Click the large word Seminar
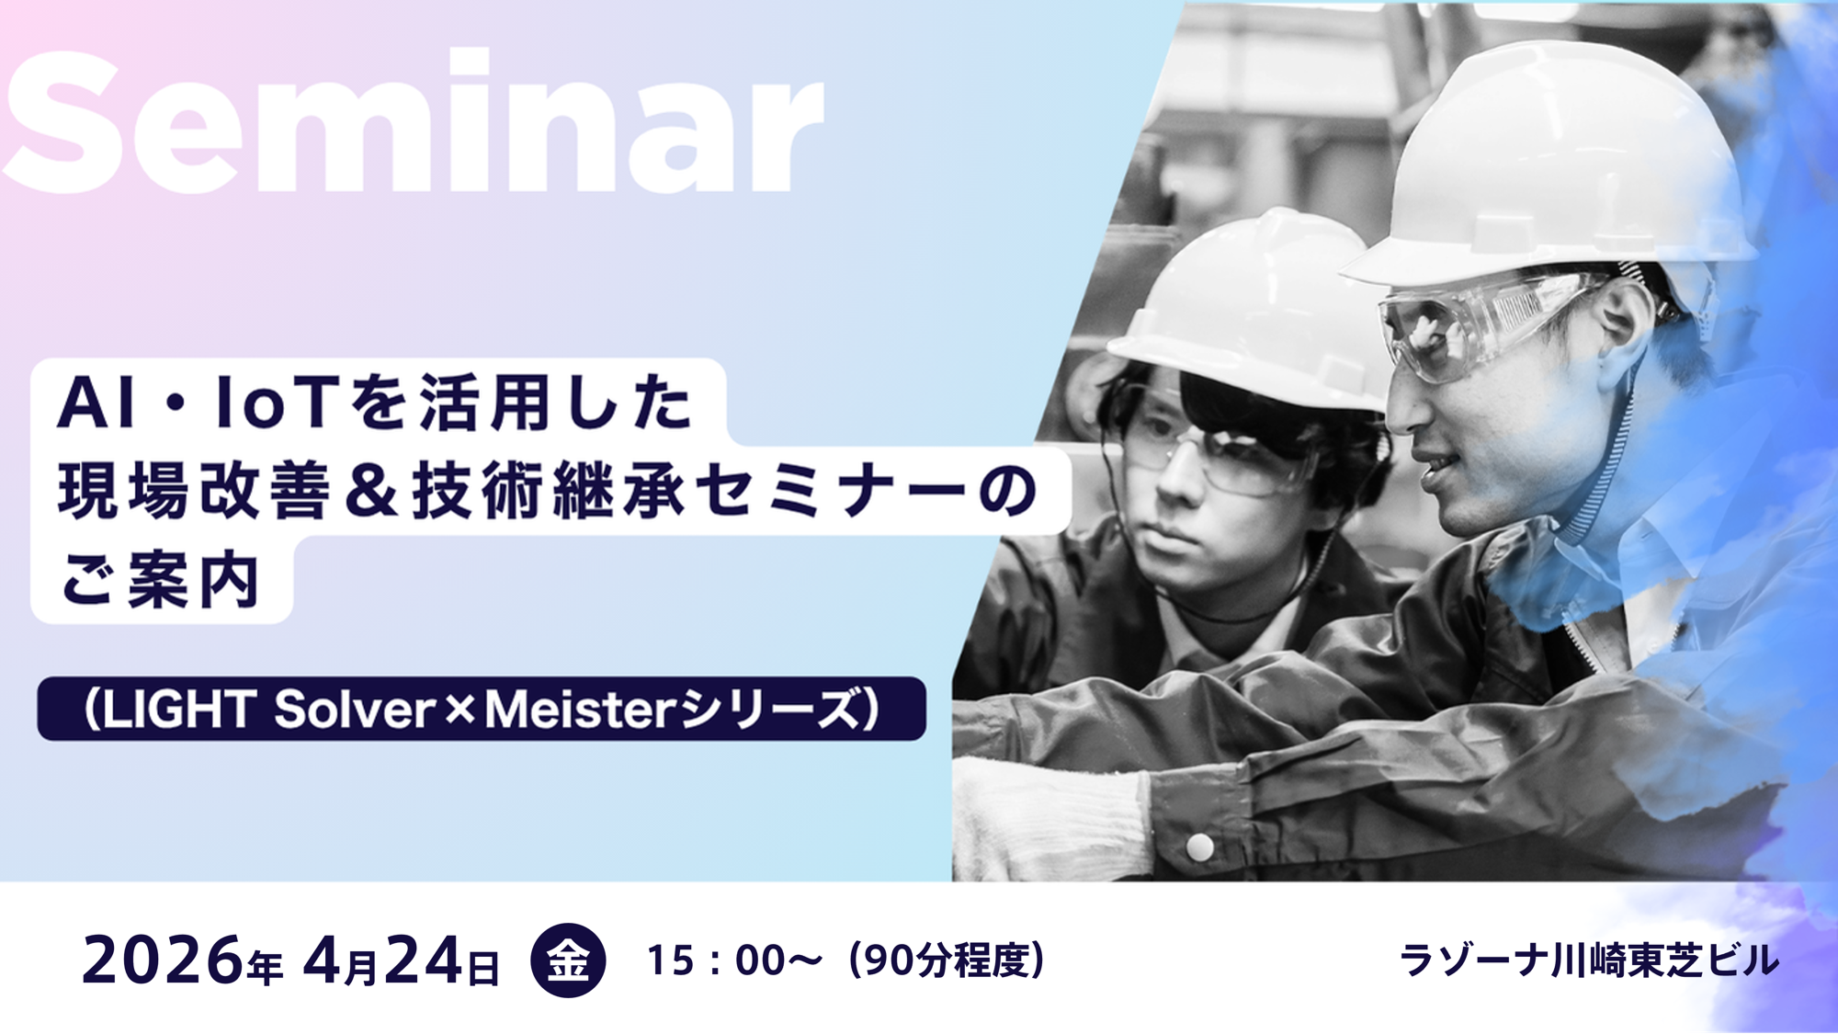[414, 124]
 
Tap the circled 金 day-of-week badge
[568, 960]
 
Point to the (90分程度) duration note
[947, 960]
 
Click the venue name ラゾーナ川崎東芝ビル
[1588, 961]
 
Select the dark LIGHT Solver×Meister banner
[481, 709]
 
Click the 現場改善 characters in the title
[193, 490]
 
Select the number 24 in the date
[423, 961]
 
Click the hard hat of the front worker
[1553, 165]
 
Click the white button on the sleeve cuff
[1198, 847]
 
